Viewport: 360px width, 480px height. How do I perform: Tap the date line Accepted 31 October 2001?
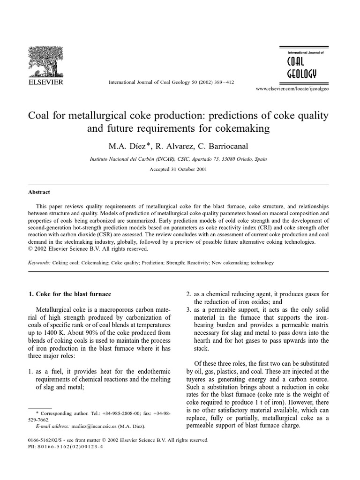(180, 170)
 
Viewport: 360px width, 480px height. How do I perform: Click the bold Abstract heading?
(39, 192)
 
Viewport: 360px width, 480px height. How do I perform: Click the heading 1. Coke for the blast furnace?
(70, 294)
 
